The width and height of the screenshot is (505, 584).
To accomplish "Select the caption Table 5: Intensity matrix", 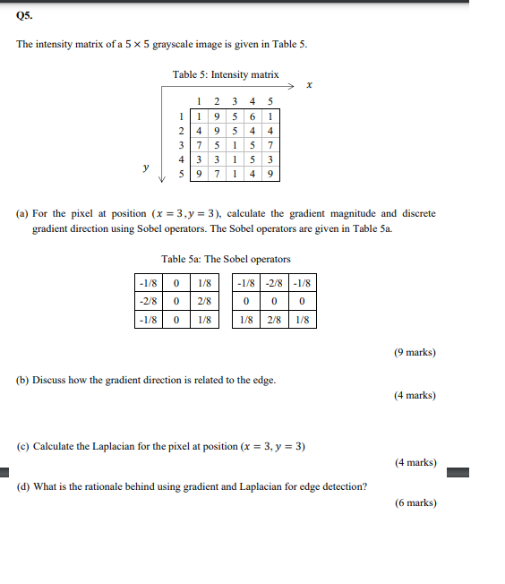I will coord(226,74).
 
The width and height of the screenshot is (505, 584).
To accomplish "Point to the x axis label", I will coord(309,87).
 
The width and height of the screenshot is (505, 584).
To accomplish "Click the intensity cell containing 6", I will coord(253,115).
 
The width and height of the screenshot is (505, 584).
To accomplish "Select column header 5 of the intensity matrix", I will coord(270,101).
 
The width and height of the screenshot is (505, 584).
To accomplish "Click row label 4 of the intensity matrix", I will coord(182,159).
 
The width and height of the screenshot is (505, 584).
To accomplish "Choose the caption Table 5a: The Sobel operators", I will coord(226,259).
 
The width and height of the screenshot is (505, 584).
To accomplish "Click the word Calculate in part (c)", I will coord(55,446).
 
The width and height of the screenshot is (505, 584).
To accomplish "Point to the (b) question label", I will coord(22,380).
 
